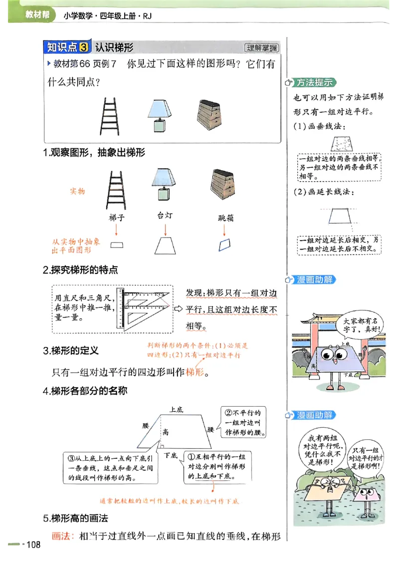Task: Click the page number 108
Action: pos(33,545)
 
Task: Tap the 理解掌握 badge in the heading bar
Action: pos(261,48)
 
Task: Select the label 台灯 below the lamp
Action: pos(164,215)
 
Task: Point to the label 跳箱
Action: pos(226,218)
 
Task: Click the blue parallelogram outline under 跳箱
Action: pos(225,245)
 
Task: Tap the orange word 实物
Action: pos(77,191)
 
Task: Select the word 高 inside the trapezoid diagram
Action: pos(165,432)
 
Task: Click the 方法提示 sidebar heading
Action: pos(314,82)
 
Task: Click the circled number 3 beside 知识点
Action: pos(84,47)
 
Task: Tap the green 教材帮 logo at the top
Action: pos(36,15)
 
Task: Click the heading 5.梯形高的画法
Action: pos(75,518)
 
